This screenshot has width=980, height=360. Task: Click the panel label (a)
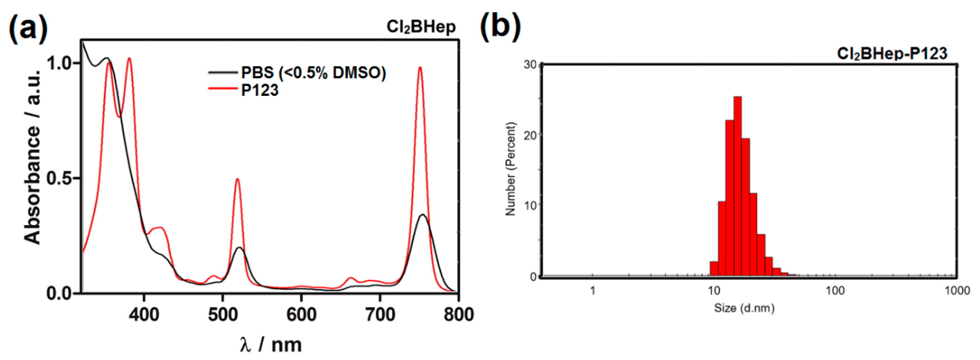point(28,27)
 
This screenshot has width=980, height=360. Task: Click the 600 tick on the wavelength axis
point(301,314)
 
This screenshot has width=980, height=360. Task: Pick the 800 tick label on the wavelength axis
point(458,314)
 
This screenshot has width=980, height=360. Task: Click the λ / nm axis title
point(271,344)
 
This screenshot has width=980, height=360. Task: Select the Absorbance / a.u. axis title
point(32,156)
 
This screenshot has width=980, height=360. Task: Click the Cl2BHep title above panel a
point(421,27)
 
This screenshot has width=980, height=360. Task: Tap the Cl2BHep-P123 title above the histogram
point(892,53)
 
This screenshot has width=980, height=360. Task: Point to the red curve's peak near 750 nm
point(420,68)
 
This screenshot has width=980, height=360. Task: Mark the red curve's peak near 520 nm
point(237,179)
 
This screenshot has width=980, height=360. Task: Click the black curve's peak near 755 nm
point(423,215)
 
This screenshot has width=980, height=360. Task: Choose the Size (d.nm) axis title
point(744,307)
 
